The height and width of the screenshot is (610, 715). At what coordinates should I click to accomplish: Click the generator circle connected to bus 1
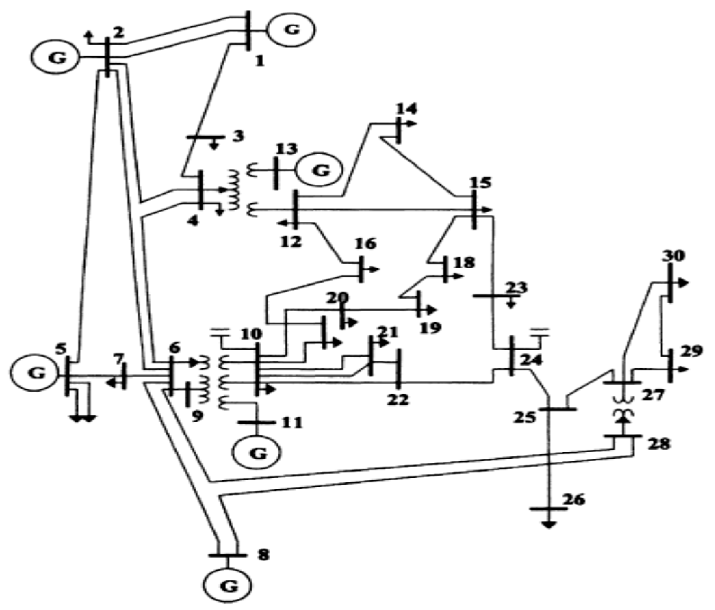tap(292, 30)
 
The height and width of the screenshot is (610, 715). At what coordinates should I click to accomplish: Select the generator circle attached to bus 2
tap(55, 57)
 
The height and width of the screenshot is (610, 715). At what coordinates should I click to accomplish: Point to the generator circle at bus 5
tap(34, 373)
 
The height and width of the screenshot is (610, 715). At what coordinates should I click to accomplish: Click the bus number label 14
tap(406, 109)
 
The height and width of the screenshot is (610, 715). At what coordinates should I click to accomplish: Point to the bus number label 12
tap(290, 242)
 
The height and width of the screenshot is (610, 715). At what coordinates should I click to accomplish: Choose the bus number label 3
tap(237, 136)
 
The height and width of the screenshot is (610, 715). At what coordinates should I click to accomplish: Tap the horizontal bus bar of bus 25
tap(558, 409)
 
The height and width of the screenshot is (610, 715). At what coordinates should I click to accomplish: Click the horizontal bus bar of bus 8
tap(227, 556)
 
